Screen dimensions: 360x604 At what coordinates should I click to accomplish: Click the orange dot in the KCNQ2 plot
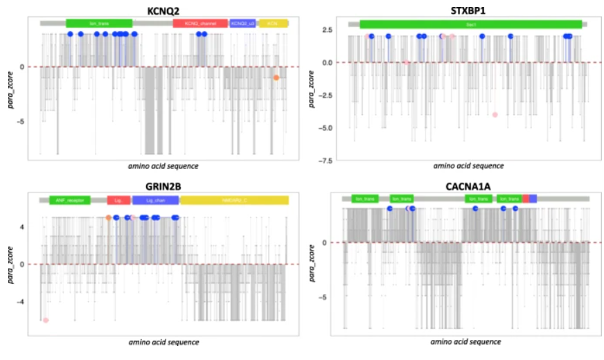[x=276, y=78]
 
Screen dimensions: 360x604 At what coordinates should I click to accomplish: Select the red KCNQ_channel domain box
[x=200, y=24]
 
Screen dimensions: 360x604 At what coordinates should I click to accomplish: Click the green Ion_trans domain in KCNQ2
[x=99, y=24]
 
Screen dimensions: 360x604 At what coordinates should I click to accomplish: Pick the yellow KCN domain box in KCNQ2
[x=273, y=24]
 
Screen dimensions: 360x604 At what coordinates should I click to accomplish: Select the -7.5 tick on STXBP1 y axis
[x=322, y=161]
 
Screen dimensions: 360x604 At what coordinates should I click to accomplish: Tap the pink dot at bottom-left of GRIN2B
[x=46, y=320]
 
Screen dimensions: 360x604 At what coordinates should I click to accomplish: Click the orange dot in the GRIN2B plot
[x=109, y=217]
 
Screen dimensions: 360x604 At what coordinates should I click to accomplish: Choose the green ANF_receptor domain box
[x=69, y=200]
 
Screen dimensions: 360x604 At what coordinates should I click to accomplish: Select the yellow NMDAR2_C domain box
[x=234, y=200]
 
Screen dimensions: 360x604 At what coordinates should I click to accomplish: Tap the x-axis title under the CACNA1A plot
[x=465, y=342]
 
